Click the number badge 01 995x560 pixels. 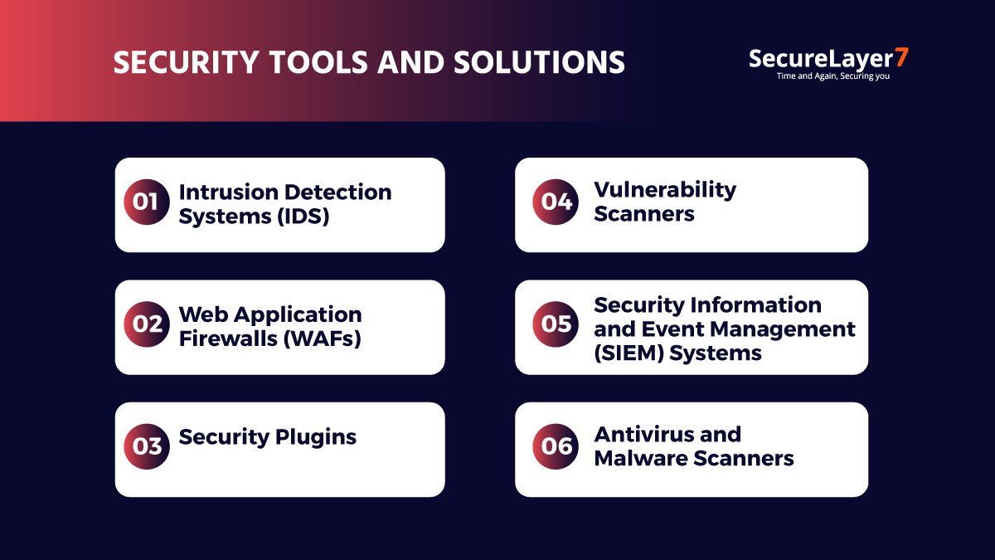pos(147,202)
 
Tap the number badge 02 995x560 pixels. pos(147,324)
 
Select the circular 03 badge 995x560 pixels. pos(147,446)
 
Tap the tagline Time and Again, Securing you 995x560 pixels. pos(832,76)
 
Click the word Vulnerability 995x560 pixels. pos(665,190)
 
